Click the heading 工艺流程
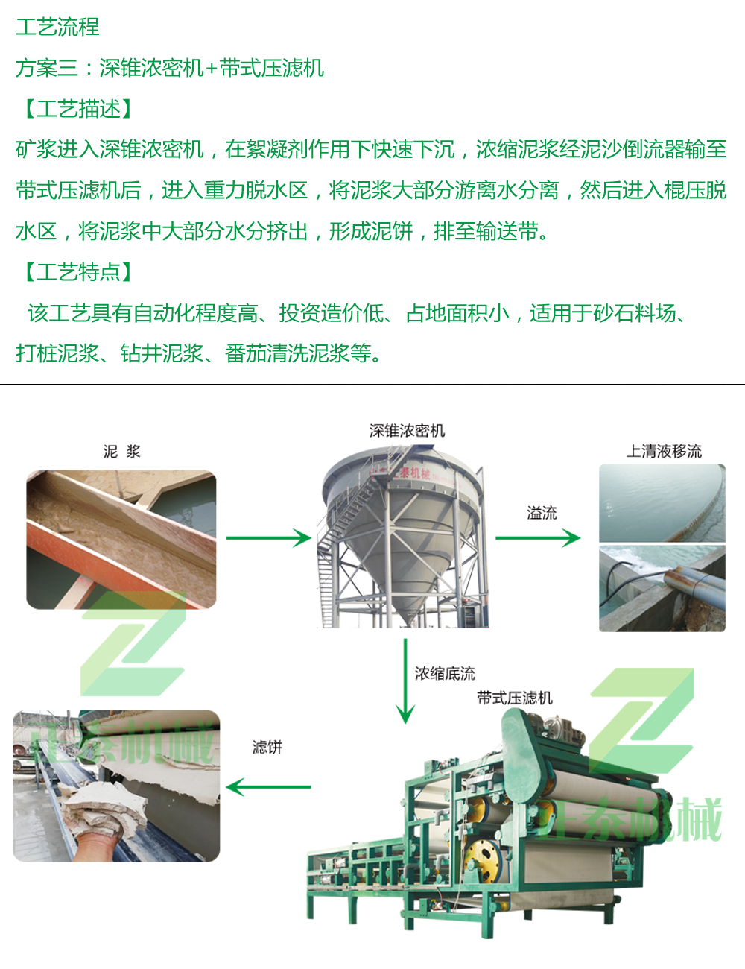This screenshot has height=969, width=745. [x=57, y=27]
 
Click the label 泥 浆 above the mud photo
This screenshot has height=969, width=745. [x=121, y=451]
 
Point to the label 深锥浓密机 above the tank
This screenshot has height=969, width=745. [x=407, y=430]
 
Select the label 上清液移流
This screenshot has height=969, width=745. [x=664, y=451]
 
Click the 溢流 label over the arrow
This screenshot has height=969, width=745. [x=542, y=513]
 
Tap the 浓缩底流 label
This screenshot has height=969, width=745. [x=445, y=673]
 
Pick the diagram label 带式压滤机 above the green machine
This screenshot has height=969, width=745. [x=515, y=698]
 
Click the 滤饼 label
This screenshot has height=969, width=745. [x=267, y=746]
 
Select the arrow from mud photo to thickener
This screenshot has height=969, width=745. [x=269, y=537]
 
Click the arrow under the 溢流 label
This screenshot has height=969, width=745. [x=538, y=537]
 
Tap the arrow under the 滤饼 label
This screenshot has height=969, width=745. [x=268, y=786]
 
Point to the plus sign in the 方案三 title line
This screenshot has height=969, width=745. [x=212, y=69]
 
